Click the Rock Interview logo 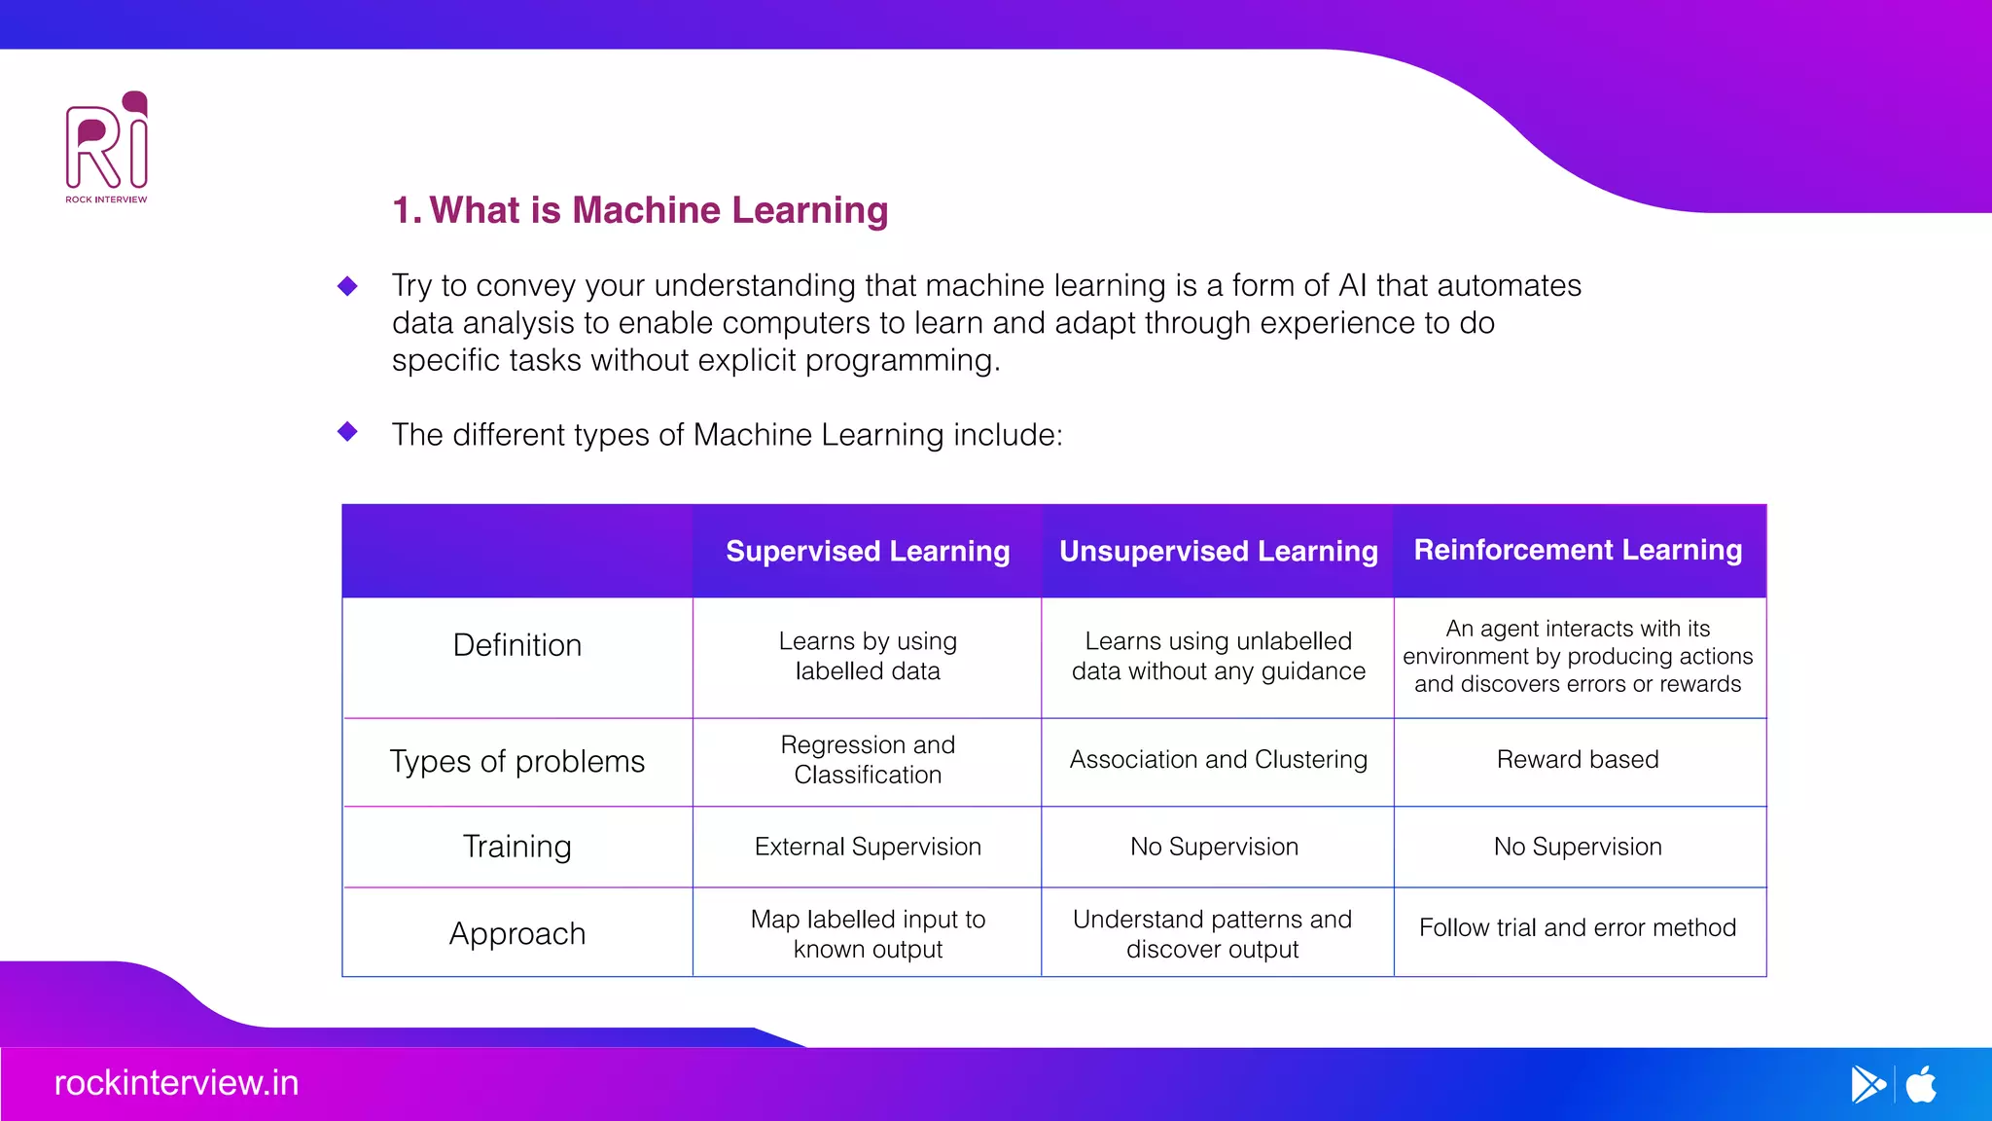coord(107,146)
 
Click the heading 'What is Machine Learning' coord(640,210)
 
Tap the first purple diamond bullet coord(347,286)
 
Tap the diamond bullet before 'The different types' coord(347,431)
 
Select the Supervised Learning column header coord(868,551)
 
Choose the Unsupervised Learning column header coord(1218,551)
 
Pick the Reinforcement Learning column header coord(1578,550)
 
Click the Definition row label coord(517,645)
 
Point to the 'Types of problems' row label coord(517,761)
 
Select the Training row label coord(517,847)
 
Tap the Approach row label coord(517,933)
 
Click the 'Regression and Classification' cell coord(868,759)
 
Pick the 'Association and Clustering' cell coord(1218,759)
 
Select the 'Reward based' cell coord(1578,759)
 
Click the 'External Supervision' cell coord(868,847)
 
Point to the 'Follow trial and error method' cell coord(1578,927)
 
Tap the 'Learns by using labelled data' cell coord(868,656)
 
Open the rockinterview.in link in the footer coord(176,1083)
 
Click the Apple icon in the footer coord(1921,1084)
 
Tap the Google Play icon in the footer coord(1867,1084)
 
